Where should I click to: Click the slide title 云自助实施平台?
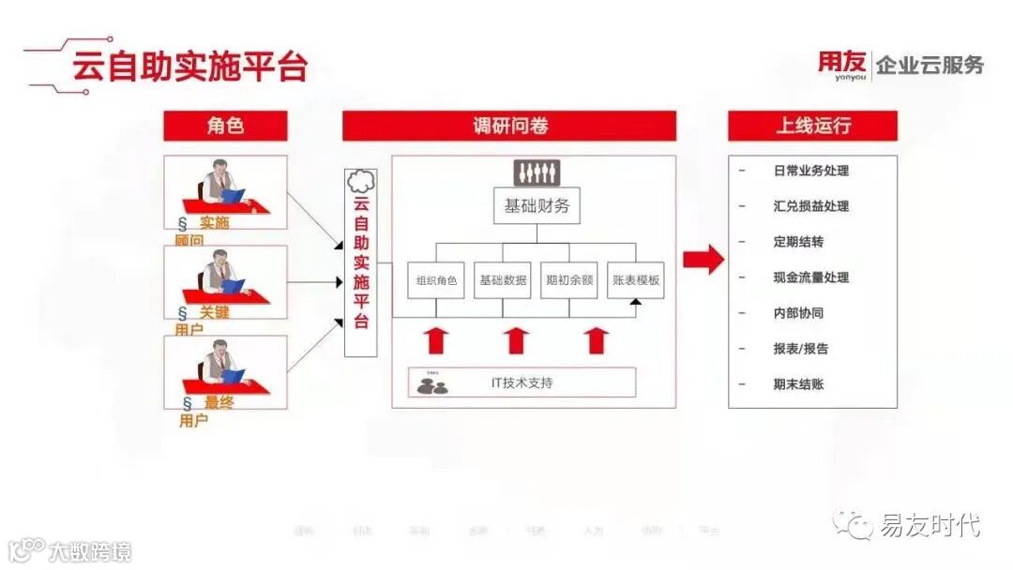pyautogui.click(x=190, y=67)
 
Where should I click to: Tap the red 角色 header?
pyautogui.click(x=225, y=126)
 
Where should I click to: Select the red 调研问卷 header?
pyautogui.click(x=509, y=126)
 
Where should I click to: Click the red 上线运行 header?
pyautogui.click(x=812, y=126)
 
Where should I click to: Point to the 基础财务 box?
pyautogui.click(x=537, y=206)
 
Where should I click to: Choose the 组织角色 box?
pyautogui.click(x=437, y=280)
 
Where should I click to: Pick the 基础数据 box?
pyautogui.click(x=503, y=280)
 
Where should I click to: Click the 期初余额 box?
pyautogui.click(x=568, y=280)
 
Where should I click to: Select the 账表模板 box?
pyautogui.click(x=635, y=280)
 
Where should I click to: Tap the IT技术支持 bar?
pyautogui.click(x=522, y=382)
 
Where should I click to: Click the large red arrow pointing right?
pyautogui.click(x=703, y=260)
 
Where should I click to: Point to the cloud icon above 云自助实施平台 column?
pyautogui.click(x=360, y=181)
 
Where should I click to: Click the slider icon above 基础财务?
pyautogui.click(x=537, y=172)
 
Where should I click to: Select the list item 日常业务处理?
pyautogui.click(x=810, y=171)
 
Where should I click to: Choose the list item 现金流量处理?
pyautogui.click(x=810, y=277)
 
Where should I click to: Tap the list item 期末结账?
pyautogui.click(x=798, y=384)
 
